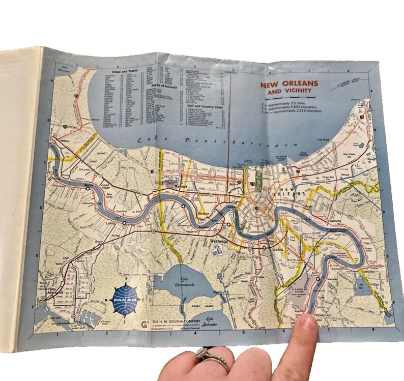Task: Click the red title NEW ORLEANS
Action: [289, 84]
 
